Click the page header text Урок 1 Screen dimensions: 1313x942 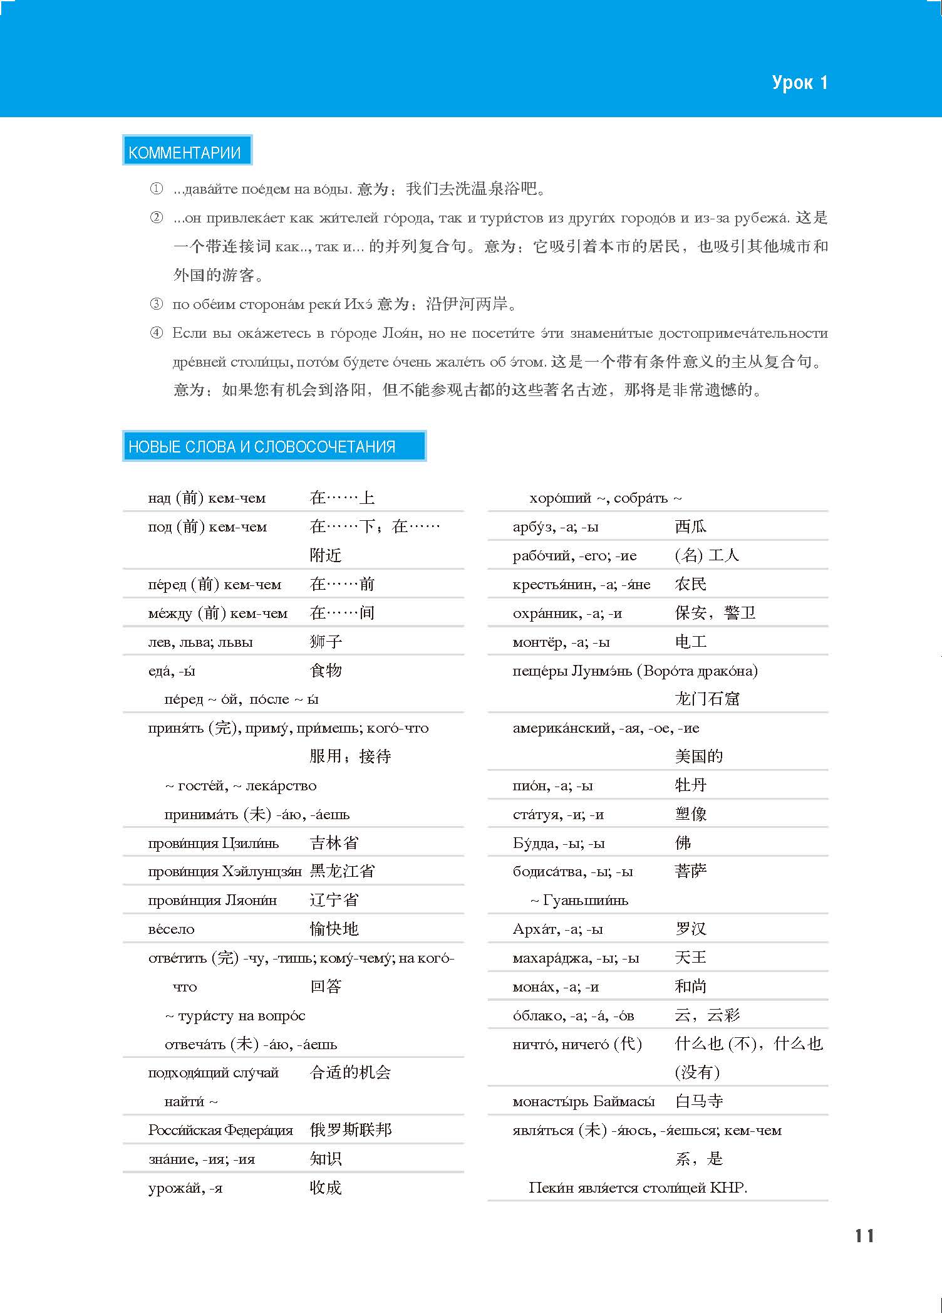coord(799,83)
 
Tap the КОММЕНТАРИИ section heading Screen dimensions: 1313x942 coord(185,152)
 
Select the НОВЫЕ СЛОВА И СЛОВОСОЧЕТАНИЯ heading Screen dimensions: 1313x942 coord(262,447)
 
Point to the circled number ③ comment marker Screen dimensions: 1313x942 coord(156,305)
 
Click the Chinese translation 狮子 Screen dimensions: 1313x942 coord(326,642)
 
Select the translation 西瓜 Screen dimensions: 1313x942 coord(690,526)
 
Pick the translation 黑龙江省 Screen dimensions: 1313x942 coord(342,871)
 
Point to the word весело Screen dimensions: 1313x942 coord(171,929)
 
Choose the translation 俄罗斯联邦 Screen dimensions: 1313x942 coord(350,1130)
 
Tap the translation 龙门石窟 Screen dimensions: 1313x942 coord(706,699)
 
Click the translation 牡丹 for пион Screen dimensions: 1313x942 coord(690,785)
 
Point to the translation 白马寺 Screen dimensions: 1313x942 coord(698,1101)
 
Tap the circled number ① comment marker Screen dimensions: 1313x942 coord(156,189)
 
